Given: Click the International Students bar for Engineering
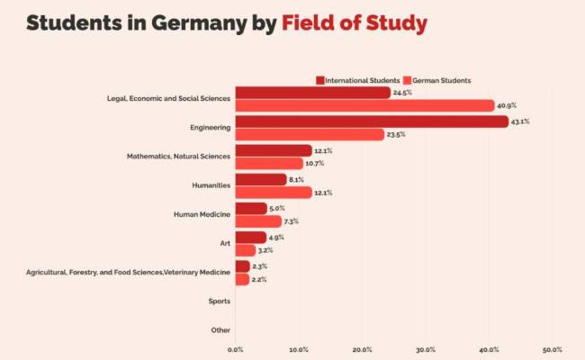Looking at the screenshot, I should (x=371, y=121).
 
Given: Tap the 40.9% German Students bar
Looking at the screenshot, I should (x=364, y=105).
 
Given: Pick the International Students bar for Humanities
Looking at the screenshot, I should (x=260, y=179).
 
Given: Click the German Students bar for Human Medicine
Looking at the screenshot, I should (x=257, y=221).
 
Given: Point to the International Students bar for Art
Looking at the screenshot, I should (x=250, y=238).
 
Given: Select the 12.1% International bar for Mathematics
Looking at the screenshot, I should (x=273, y=150).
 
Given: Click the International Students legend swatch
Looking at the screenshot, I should (x=319, y=80).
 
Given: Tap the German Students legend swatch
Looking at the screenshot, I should (x=407, y=80).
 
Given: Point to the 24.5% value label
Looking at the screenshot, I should (x=401, y=92).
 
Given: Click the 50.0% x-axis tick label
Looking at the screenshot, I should (x=552, y=350).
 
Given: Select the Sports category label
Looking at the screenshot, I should (x=219, y=301).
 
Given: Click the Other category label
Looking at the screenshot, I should (x=220, y=330).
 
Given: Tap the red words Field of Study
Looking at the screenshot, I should (x=354, y=22).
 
